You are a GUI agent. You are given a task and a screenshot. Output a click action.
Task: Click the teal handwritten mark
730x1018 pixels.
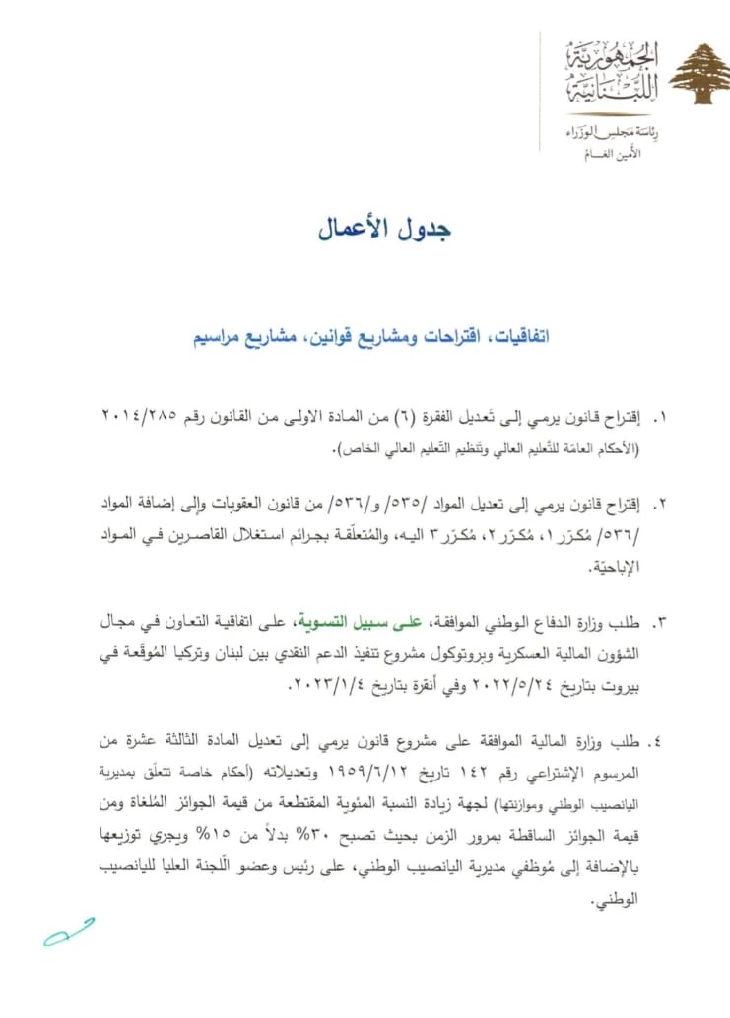pos(67,931)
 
